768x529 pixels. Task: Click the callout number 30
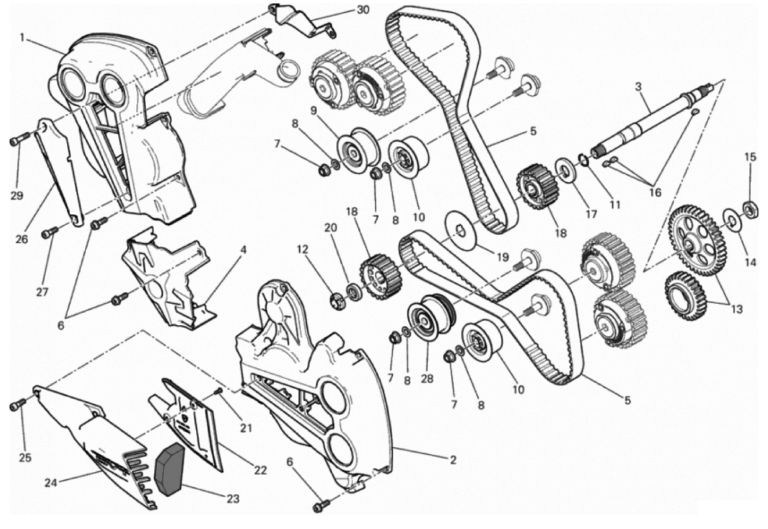click(x=363, y=9)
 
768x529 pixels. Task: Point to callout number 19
click(x=503, y=257)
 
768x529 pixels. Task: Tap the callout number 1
click(x=22, y=37)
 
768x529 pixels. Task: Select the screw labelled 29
click(x=16, y=141)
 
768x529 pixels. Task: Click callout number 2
click(x=453, y=460)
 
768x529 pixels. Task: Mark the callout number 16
click(x=655, y=192)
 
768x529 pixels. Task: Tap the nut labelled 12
click(x=338, y=300)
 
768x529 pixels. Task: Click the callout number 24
click(x=51, y=483)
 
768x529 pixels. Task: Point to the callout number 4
click(x=243, y=250)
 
